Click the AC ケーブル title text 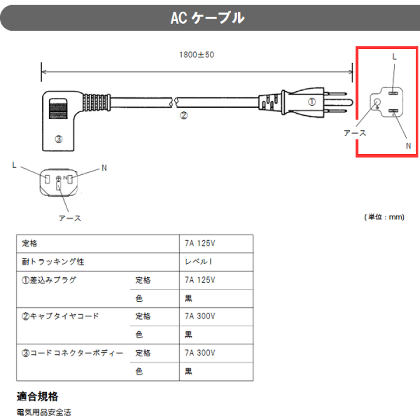tap(208, 18)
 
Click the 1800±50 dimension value tap(197, 55)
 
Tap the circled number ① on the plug tap(311, 101)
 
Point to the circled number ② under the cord tap(184, 116)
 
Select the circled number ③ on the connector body tap(59, 139)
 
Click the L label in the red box tap(394, 57)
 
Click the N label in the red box tap(408, 146)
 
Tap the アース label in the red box tap(355, 133)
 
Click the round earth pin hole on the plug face tap(377, 102)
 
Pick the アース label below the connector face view tap(70, 218)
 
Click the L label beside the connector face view tap(15, 165)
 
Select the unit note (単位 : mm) tap(384, 217)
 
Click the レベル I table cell tap(198, 261)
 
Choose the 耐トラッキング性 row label tap(53, 262)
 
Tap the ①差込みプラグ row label tap(49, 280)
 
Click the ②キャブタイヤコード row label tap(60, 316)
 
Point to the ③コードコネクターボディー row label tap(72, 353)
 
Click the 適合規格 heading tap(37, 397)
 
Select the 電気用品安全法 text tap(44, 412)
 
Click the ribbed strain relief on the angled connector tap(96, 102)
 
